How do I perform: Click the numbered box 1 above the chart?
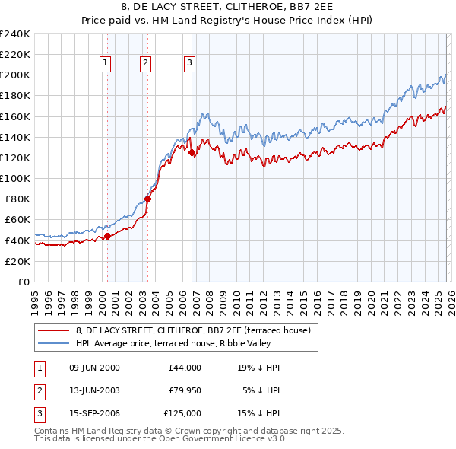105,64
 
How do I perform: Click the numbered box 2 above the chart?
145,64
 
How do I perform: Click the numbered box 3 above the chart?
189,64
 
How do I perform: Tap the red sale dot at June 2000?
107,236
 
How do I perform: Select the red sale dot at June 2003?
148,199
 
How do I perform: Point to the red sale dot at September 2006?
192,153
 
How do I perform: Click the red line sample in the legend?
54,330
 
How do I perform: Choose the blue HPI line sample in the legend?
54,343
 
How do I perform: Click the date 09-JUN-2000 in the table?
94,368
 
